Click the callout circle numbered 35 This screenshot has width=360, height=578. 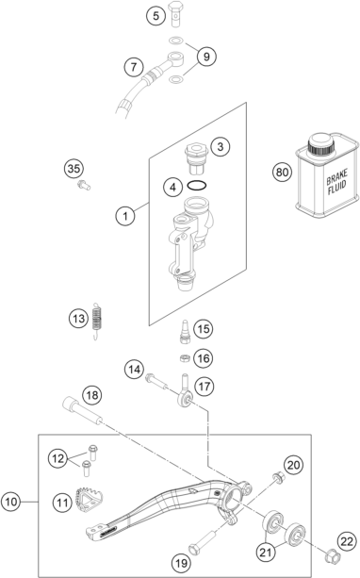74,169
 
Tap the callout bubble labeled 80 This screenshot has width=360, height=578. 283,173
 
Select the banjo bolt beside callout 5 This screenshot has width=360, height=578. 178,14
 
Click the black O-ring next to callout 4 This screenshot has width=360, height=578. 197,186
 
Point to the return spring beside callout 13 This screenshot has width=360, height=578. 96,320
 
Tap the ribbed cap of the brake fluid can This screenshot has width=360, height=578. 321,145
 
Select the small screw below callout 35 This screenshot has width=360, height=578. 84,185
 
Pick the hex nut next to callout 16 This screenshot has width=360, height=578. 185,358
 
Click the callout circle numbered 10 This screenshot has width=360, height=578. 10,502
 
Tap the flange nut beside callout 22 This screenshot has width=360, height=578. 333,554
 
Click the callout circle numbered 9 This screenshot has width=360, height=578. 206,57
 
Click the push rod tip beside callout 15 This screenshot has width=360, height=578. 185,332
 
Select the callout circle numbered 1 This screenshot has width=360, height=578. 125,215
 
